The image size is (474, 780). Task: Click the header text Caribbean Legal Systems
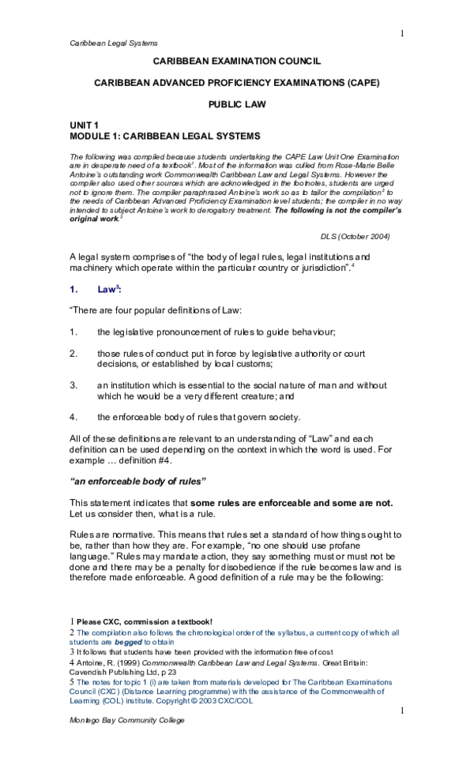(114, 43)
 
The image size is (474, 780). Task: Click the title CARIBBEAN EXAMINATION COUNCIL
(236, 61)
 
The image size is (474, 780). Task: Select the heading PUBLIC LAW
(237, 103)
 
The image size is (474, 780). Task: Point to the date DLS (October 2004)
(355, 236)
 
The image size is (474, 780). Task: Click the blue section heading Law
(107, 290)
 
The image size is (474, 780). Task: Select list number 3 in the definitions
(73, 385)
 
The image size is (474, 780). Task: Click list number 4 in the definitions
(73, 416)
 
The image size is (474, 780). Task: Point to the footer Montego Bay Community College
(124, 722)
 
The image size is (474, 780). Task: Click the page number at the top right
(401, 33)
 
